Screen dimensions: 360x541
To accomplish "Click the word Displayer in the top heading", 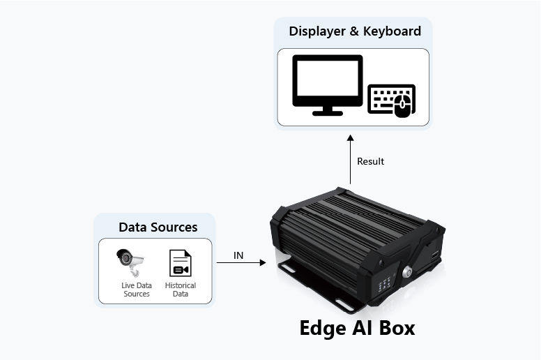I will pos(317,31).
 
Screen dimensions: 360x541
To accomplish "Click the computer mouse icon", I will pos(402,105).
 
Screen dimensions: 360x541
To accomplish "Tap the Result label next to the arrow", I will pos(370,162).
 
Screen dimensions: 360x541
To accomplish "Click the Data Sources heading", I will pos(158,227).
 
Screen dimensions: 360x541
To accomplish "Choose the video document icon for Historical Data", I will pos(181,263).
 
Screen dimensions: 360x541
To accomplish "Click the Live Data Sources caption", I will pos(137,290).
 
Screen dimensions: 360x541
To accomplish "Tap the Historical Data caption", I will pos(181,290).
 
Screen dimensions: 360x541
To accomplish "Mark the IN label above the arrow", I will pos(238,256).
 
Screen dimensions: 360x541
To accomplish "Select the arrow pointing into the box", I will pos(241,263).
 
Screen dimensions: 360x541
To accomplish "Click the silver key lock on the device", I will pos(408,271).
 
